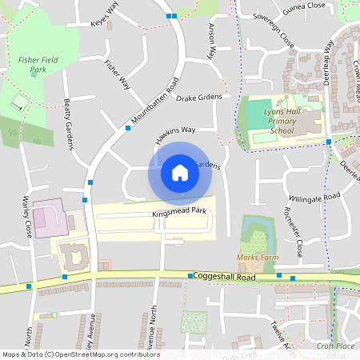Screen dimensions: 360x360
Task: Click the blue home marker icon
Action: click(180, 172)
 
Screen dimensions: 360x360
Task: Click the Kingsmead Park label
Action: click(179, 212)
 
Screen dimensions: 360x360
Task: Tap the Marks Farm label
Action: click(258, 258)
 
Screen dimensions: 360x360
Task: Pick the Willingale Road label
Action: click(315, 196)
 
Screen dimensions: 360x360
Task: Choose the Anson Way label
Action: click(211, 42)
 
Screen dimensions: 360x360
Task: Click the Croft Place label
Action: click(335, 346)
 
